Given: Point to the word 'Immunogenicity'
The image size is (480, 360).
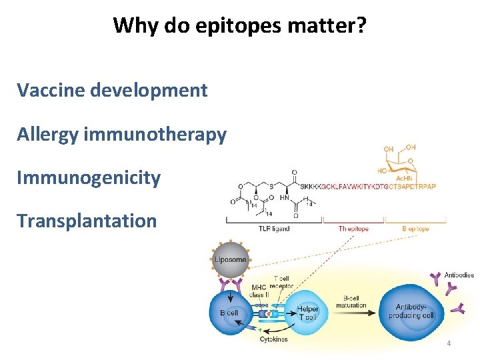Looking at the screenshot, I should [x=89, y=178].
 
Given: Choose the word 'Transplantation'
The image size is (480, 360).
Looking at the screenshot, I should [x=87, y=221].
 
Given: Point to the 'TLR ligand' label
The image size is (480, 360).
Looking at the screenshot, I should [x=273, y=229].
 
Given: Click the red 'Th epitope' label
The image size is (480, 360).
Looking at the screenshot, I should [x=352, y=229].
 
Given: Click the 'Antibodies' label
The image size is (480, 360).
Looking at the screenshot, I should [x=459, y=275].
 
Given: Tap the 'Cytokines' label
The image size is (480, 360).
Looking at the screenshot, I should [x=274, y=339].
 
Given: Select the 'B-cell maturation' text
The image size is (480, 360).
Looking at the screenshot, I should [x=351, y=301].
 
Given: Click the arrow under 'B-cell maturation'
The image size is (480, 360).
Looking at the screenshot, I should [x=353, y=311].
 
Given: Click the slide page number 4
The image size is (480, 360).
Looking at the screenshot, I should [x=449, y=343].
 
